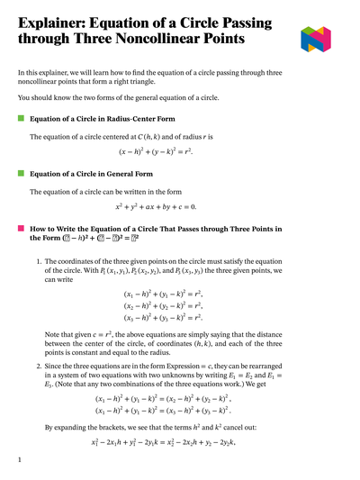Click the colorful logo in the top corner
pos(321,37)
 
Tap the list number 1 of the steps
pos(39,261)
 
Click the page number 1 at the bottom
pos(20,460)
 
